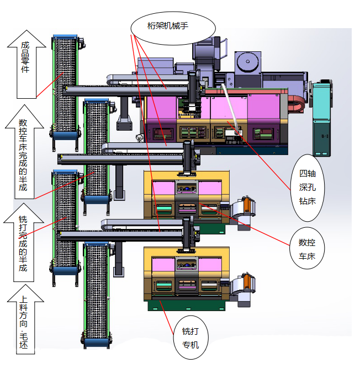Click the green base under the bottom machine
[186, 304]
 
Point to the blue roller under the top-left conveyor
[66, 136]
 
